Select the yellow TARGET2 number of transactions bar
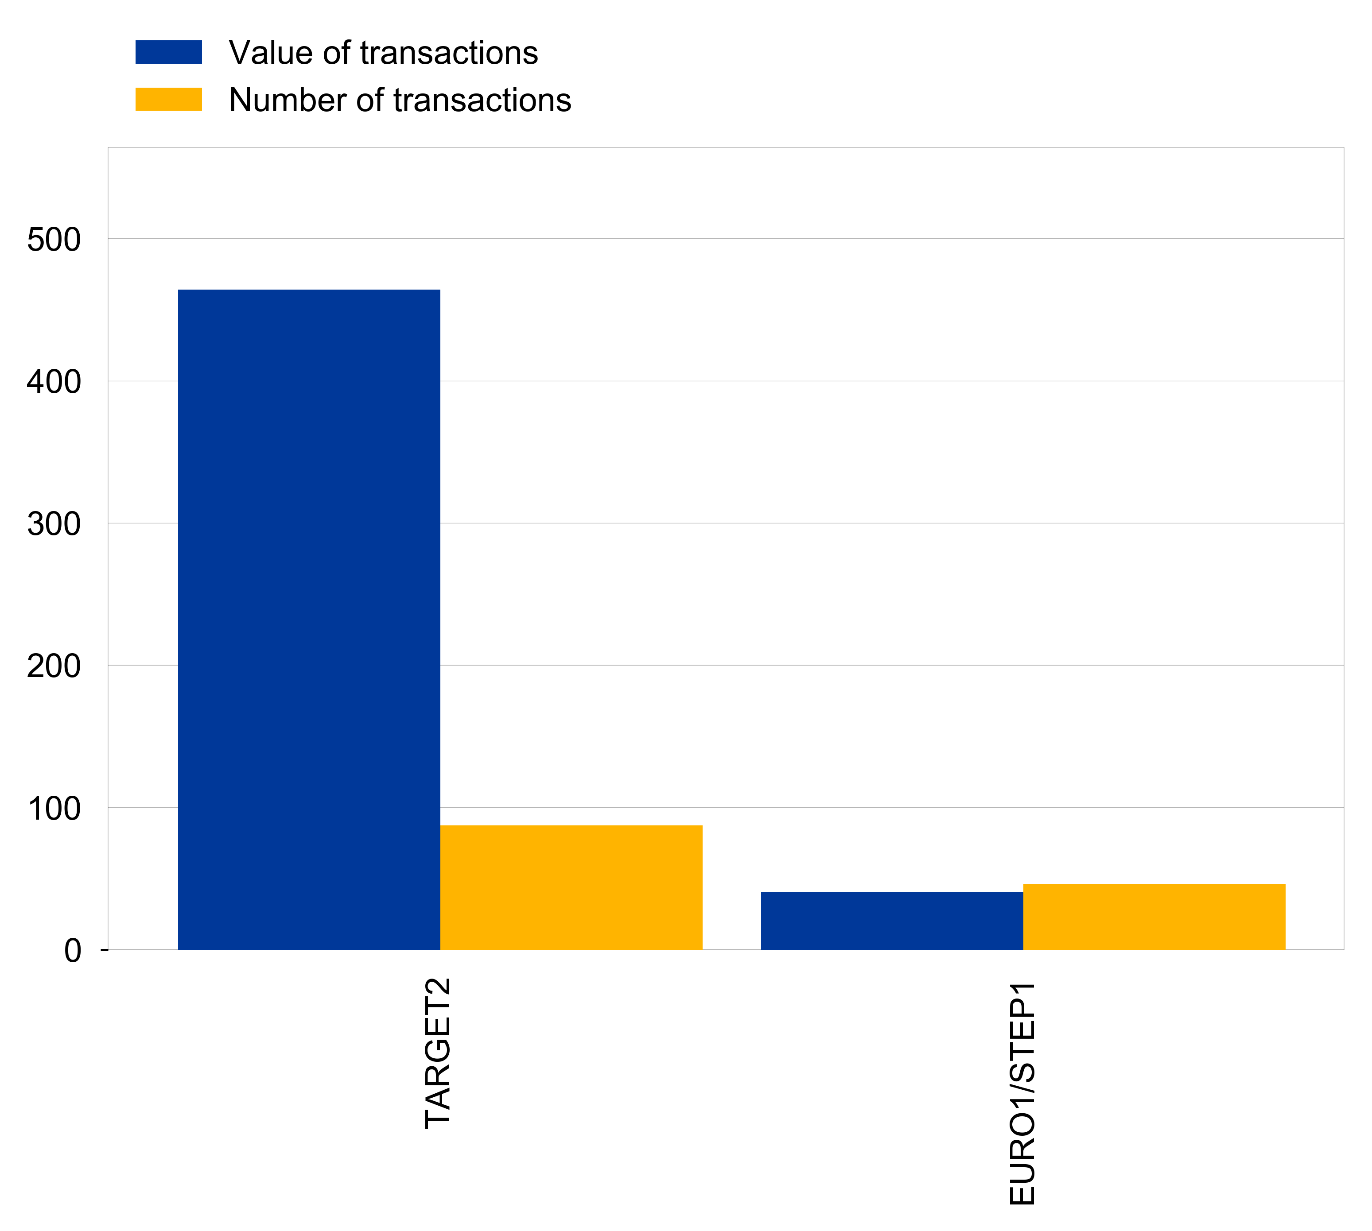click(571, 887)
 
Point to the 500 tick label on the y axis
click(54, 240)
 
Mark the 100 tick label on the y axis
click(54, 808)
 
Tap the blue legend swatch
click(168, 52)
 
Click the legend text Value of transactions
click(383, 52)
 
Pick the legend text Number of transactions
click(400, 100)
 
